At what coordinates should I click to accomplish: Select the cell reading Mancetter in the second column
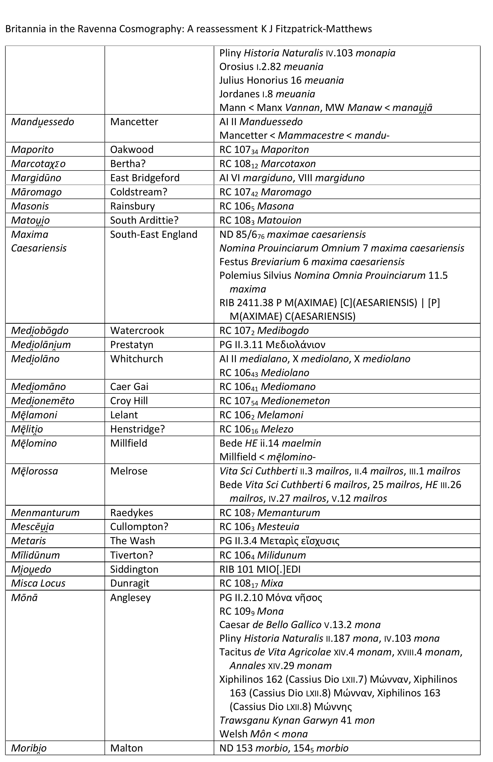point(134,122)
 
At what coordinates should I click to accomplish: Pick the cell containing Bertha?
point(128,164)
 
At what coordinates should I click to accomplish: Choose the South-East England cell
point(154,234)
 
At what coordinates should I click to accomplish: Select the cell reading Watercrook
point(137,331)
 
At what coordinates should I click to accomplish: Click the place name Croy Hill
point(129,401)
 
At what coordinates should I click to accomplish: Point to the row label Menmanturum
point(45,512)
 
